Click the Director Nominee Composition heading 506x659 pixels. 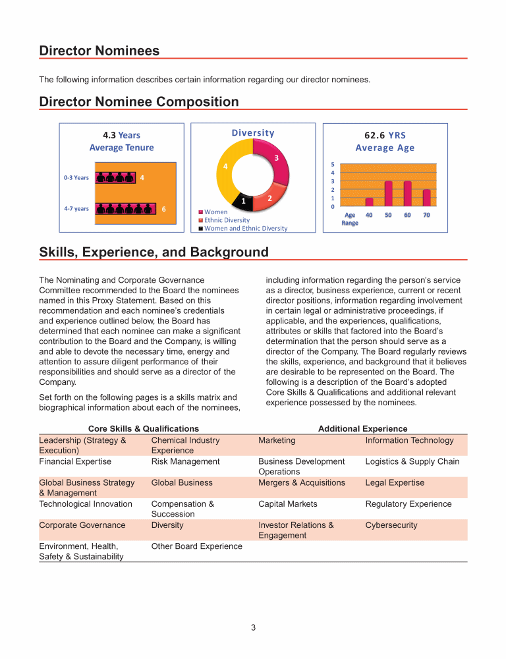[x=139, y=101]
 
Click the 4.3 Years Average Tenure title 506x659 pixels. [x=121, y=141]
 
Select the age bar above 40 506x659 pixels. [x=369, y=202]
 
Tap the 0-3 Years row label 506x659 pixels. [x=76, y=177]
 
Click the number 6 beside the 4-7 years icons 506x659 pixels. [x=164, y=208]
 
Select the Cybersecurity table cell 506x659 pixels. [x=391, y=525]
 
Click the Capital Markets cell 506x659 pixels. [x=288, y=504]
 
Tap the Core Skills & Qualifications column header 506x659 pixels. [x=134, y=428]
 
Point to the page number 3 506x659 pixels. [x=253, y=627]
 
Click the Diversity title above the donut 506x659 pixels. [x=253, y=132]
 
